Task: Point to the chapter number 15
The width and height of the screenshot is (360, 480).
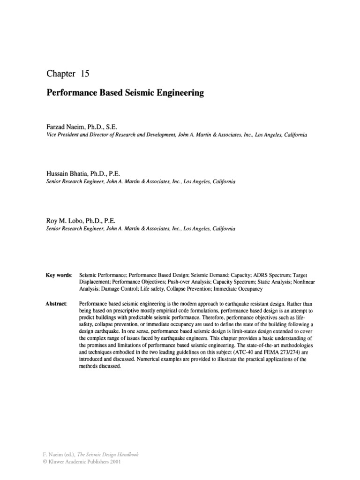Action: [x=85, y=74]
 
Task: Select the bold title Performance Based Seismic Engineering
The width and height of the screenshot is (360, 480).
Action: [x=125, y=93]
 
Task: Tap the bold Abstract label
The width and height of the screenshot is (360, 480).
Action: [x=56, y=304]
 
